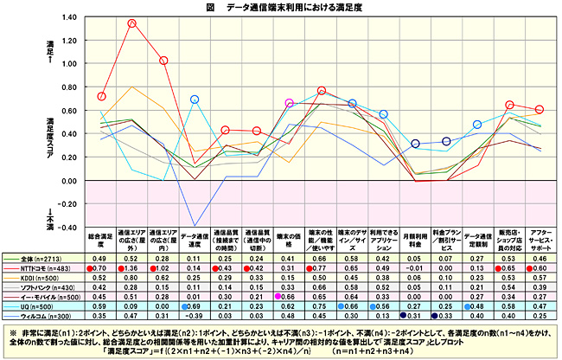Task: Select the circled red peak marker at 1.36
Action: [x=132, y=23]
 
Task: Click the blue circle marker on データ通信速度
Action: [x=195, y=100]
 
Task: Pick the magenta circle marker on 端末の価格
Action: [x=290, y=104]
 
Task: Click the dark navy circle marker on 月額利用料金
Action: [x=415, y=144]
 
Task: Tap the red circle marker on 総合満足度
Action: [x=101, y=96]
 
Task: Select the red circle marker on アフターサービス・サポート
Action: [x=540, y=110]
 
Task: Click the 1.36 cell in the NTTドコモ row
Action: [x=132, y=270]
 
